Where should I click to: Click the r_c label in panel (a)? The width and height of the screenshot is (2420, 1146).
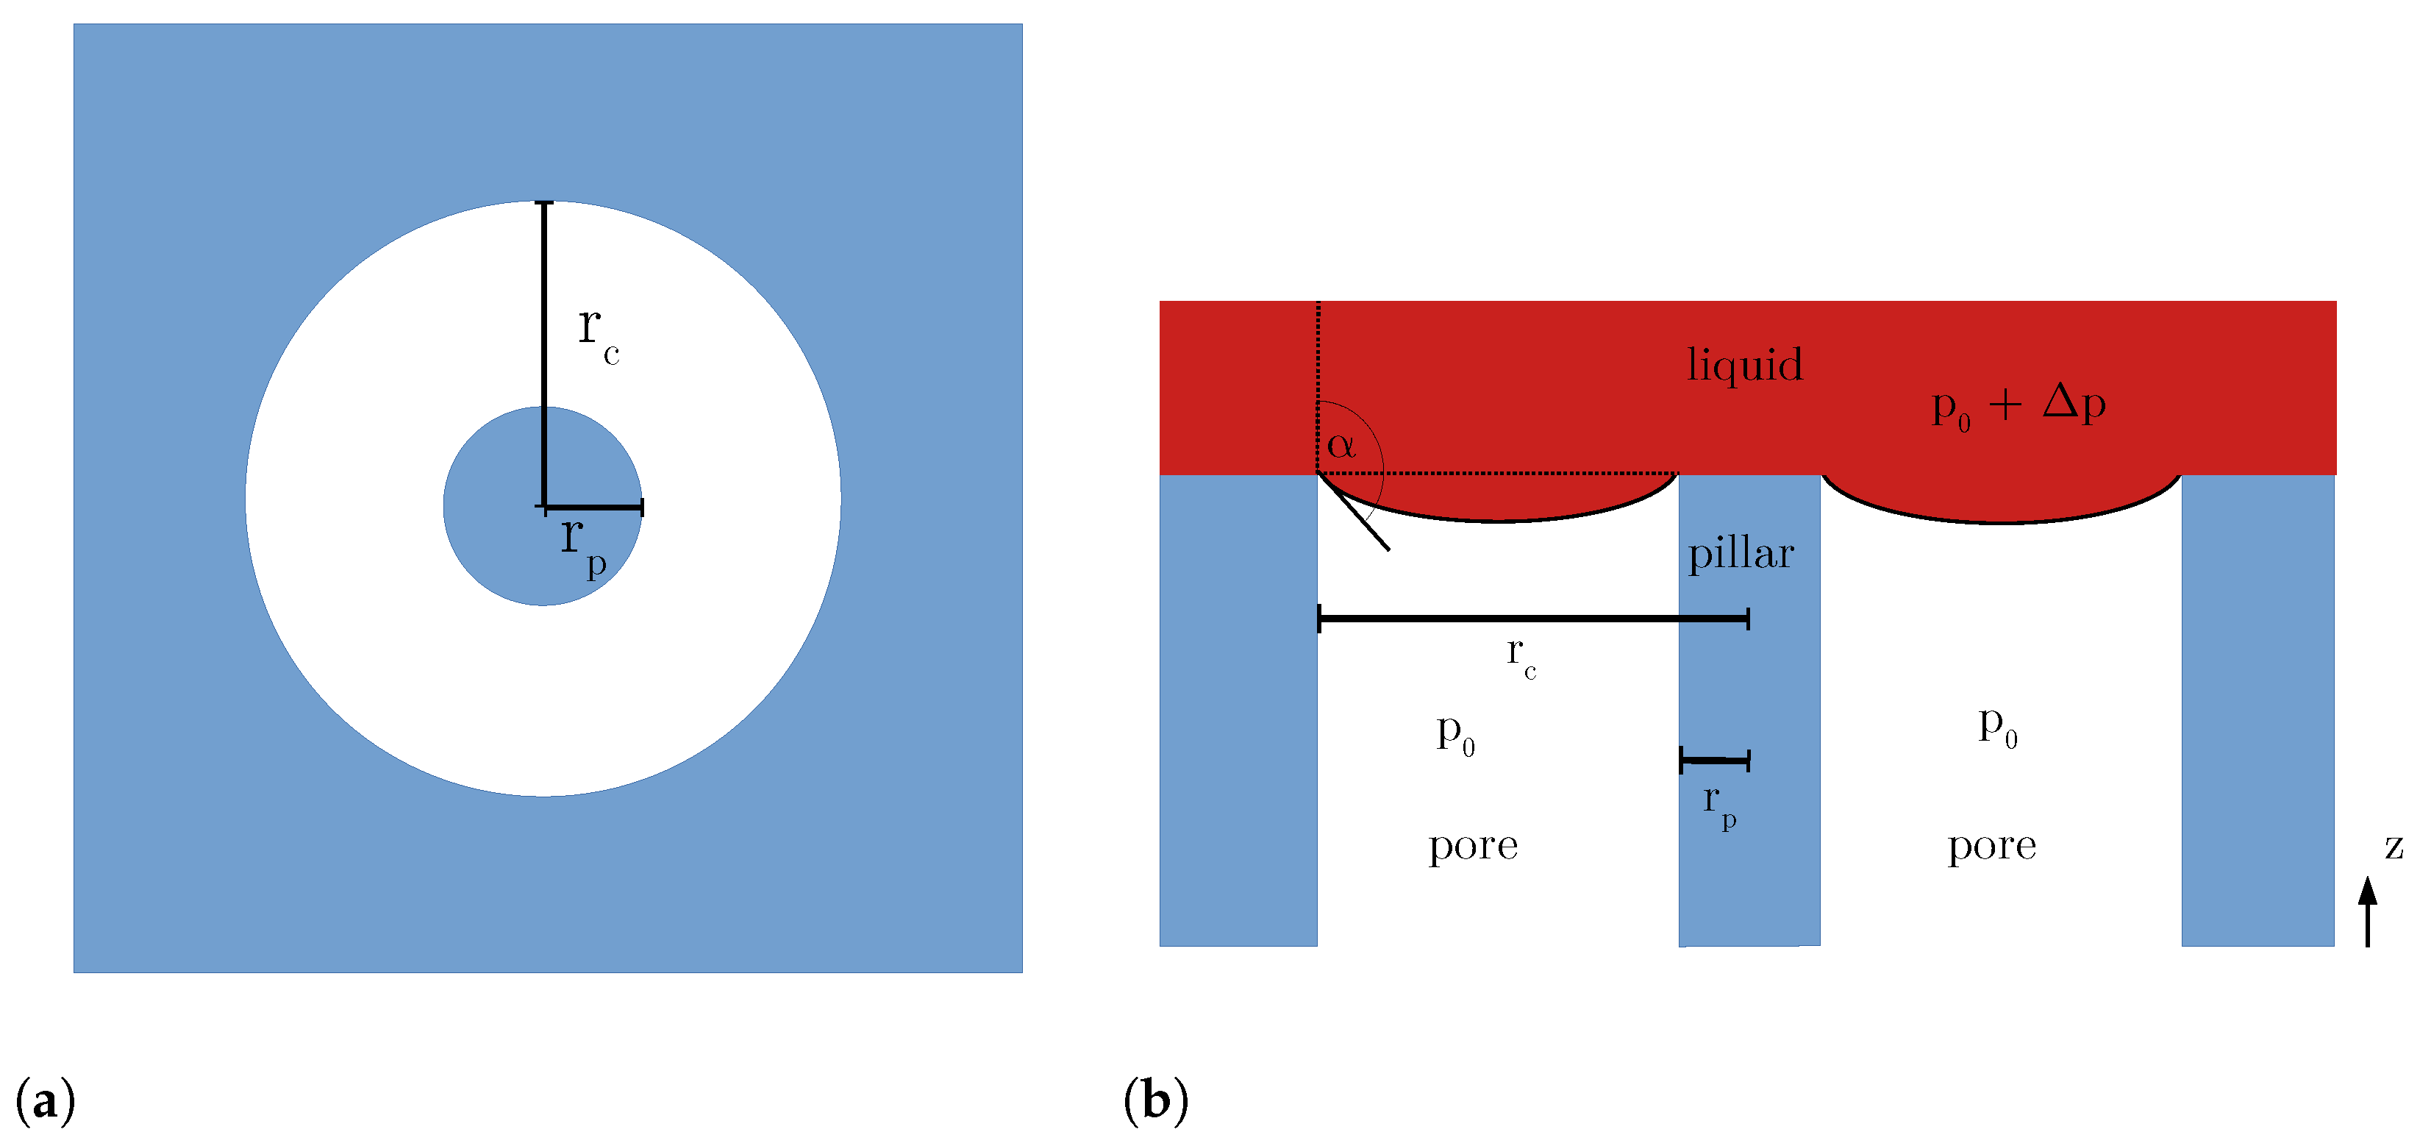[598, 335]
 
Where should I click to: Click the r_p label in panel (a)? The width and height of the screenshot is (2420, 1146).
[582, 545]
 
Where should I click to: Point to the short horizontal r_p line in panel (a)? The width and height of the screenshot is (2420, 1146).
[593, 508]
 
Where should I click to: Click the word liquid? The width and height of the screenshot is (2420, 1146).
[1744, 364]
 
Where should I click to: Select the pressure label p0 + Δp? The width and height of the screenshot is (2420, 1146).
[2018, 406]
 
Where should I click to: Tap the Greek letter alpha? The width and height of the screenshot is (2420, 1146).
[1341, 444]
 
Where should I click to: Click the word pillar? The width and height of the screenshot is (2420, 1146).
[1741, 554]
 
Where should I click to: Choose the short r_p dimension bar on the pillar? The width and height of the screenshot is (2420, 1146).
[1715, 760]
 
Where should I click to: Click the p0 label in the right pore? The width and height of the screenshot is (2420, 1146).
[1997, 726]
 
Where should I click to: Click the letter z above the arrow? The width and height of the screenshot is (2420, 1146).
[2393, 847]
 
